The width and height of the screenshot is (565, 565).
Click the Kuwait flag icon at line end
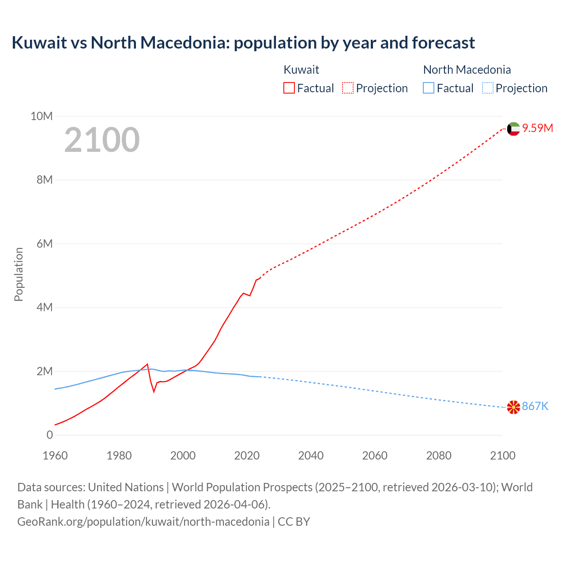513,129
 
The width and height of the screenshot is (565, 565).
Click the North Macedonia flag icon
513,407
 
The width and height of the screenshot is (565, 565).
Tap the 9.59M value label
538,128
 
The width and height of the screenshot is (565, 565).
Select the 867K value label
535,407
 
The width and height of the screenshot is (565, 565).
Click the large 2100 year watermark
102,140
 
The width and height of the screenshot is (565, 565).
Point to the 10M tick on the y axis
41,117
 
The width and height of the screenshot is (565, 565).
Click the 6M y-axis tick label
45,244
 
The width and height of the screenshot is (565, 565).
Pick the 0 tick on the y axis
49,435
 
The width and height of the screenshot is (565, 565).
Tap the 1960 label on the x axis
55,456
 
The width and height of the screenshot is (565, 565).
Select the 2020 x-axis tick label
247,456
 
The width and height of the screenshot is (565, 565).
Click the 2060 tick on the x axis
375,456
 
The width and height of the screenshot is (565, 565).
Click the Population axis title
19,275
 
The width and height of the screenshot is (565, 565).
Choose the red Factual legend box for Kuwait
289,88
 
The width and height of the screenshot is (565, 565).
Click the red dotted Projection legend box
348,88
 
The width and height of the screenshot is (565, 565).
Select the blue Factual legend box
429,88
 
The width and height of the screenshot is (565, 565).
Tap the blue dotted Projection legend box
488,88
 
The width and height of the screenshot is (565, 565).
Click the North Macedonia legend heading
467,70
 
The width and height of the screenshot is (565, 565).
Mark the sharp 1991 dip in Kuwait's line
154,391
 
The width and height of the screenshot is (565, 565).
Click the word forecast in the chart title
443,43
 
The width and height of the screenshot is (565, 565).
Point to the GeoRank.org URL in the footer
143,522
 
